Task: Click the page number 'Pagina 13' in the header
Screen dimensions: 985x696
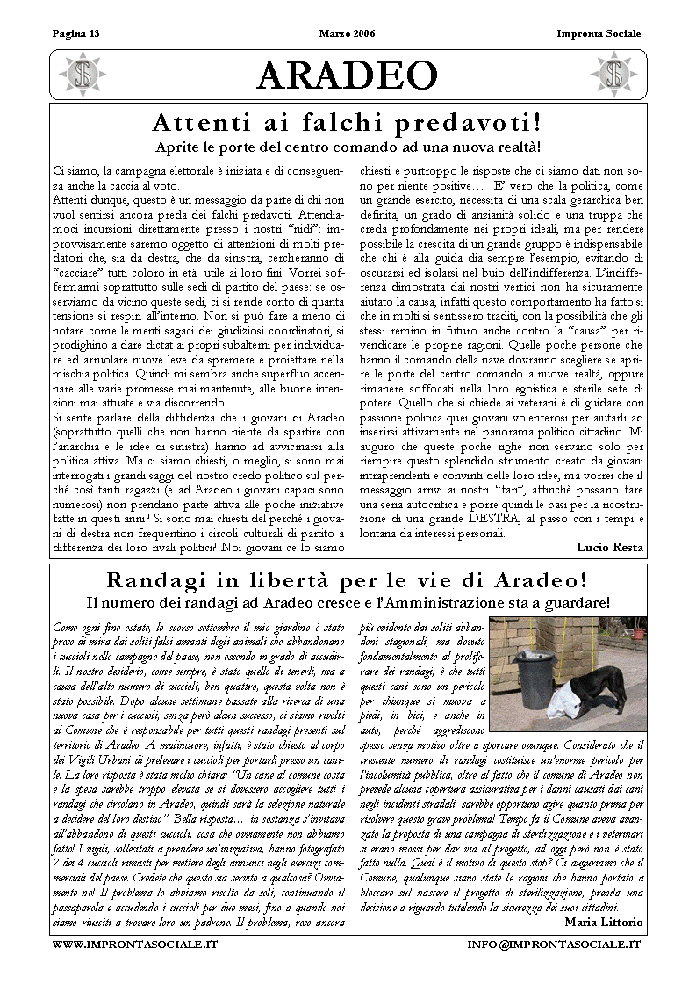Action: pyautogui.click(x=76, y=34)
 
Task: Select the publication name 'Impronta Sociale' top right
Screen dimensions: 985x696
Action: pyautogui.click(x=599, y=34)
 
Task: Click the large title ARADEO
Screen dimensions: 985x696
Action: pyautogui.click(x=347, y=75)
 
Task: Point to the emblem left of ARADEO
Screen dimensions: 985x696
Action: pyautogui.click(x=83, y=75)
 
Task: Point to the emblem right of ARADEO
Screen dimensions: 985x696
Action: pyautogui.click(x=613, y=75)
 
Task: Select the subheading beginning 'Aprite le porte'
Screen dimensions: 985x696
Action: pyautogui.click(x=348, y=147)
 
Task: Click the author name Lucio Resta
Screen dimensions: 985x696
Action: pyautogui.click(x=610, y=547)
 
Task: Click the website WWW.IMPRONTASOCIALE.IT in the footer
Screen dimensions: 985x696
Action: pyautogui.click(x=135, y=944)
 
